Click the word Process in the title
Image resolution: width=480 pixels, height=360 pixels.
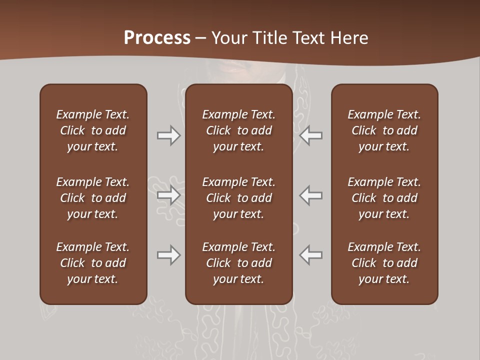[x=157, y=38]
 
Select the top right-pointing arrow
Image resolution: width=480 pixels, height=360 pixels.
[x=169, y=135]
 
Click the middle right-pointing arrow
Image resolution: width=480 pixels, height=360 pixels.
[x=169, y=195]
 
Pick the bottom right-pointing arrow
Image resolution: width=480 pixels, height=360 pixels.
[x=169, y=255]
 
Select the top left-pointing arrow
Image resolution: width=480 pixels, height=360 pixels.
[x=310, y=135]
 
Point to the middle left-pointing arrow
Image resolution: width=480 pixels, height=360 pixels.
[x=310, y=195]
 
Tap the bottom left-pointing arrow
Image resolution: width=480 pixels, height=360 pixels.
[x=310, y=255]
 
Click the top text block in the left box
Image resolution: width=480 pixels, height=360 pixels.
[x=93, y=130]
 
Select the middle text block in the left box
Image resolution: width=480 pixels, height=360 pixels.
[x=93, y=198]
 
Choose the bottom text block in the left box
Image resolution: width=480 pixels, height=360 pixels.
[x=93, y=263]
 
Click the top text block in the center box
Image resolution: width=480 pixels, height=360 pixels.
[x=238, y=130]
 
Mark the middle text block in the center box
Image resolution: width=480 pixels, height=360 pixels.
[x=238, y=198]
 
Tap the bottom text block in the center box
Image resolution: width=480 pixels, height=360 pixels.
[x=238, y=263]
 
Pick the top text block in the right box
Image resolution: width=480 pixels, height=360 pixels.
[x=384, y=130]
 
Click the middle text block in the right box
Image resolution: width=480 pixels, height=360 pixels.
[x=384, y=198]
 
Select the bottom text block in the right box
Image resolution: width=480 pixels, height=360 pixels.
[x=384, y=263]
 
